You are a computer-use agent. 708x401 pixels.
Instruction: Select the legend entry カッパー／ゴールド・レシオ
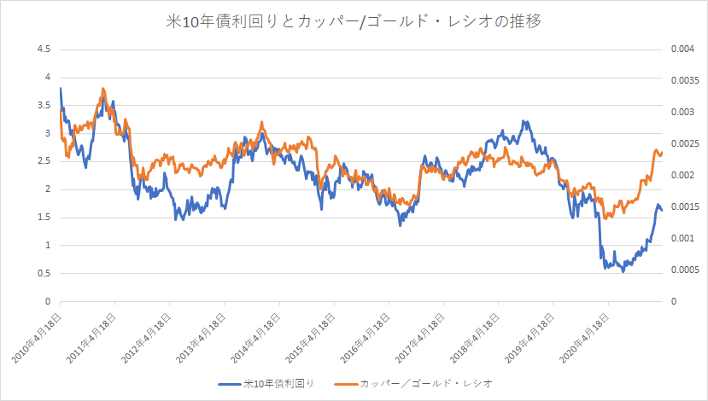[426, 384]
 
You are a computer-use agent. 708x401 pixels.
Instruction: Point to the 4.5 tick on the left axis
[44, 49]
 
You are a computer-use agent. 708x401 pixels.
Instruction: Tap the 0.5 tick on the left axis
[44, 273]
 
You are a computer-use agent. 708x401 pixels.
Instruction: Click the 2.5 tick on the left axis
[44, 161]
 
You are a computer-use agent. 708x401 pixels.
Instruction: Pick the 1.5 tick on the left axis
[44, 218]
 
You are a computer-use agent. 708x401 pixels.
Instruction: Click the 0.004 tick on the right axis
[681, 49]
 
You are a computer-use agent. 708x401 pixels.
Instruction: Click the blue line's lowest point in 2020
[623, 270]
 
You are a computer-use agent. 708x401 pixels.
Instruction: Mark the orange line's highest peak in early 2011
[103, 88]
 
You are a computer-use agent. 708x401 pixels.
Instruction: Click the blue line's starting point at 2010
[61, 89]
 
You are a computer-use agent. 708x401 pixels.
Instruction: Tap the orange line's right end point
[662, 153]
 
